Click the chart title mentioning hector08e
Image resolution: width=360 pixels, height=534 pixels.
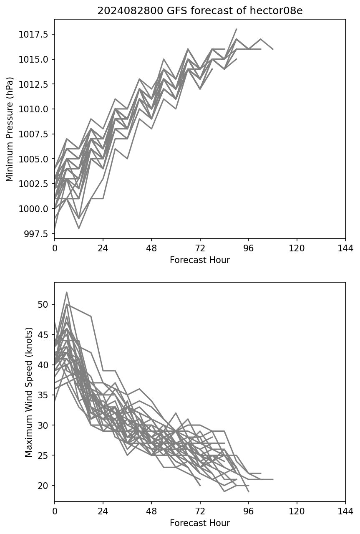[200, 11]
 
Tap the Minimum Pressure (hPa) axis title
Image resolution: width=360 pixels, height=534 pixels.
[10, 129]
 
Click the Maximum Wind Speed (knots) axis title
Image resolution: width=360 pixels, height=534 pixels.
[28, 392]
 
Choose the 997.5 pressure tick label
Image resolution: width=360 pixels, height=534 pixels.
[36, 233]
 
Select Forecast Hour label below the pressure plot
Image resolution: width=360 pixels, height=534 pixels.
[200, 260]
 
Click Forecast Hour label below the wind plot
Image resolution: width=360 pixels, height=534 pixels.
[200, 523]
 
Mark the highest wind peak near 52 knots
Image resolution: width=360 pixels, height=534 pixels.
[67, 292]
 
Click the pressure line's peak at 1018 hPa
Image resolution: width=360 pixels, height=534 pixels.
[237, 29]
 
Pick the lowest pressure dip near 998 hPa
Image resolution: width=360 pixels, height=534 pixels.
[79, 228]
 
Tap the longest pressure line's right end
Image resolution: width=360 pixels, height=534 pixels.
[273, 49]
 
